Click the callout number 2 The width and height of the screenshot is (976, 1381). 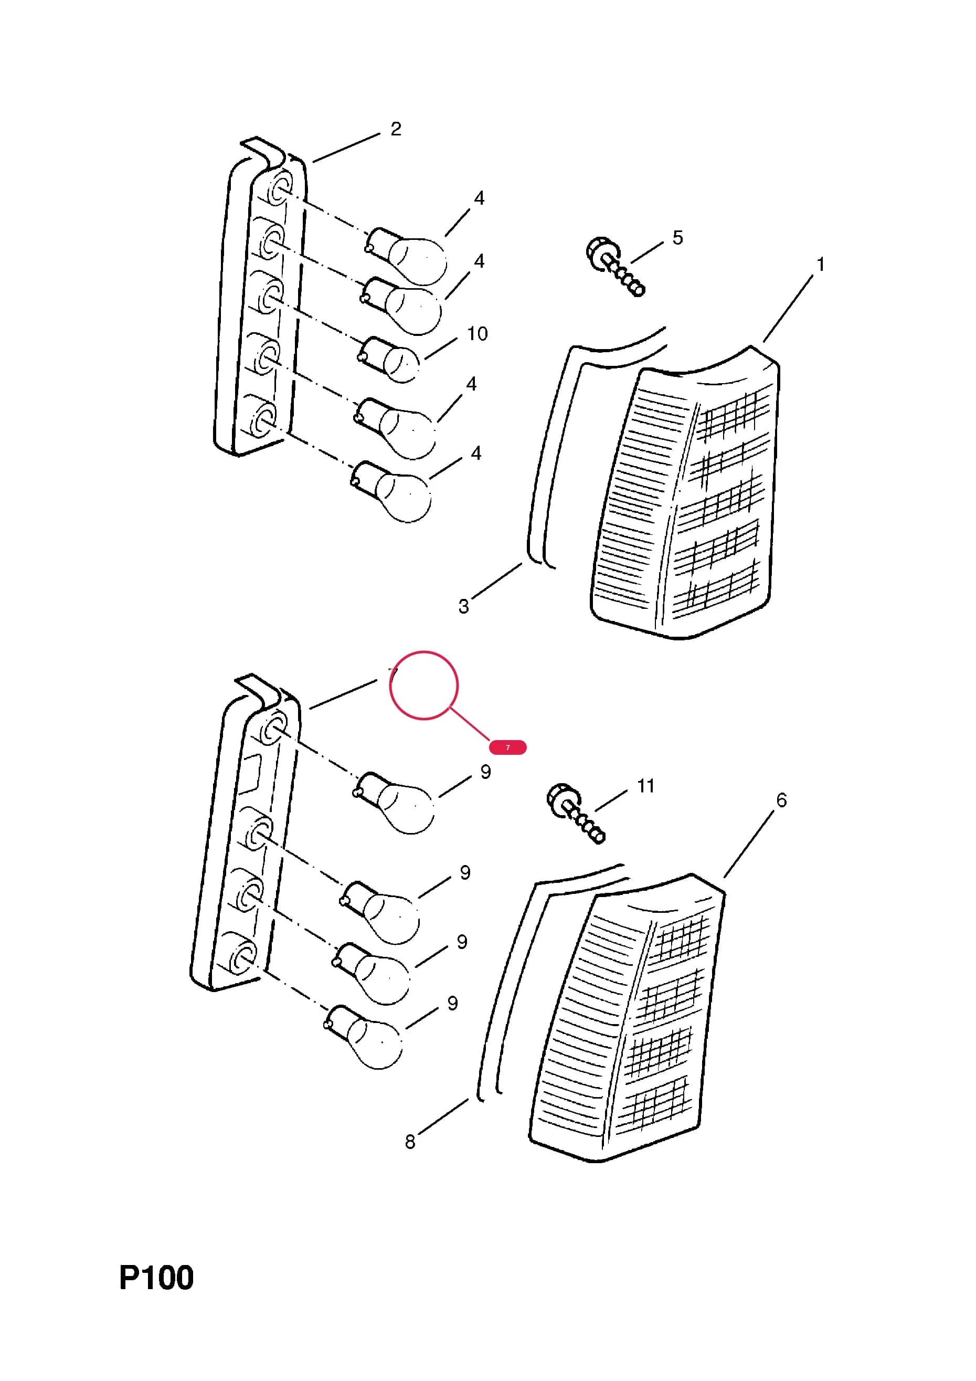pyautogui.click(x=396, y=129)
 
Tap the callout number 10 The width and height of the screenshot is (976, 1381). pyautogui.click(x=478, y=334)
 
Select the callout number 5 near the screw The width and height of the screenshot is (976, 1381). pyautogui.click(x=678, y=238)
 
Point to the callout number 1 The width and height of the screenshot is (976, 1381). pyautogui.click(x=820, y=264)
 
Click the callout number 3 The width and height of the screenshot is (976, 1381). pyautogui.click(x=464, y=606)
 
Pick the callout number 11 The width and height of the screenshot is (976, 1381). pyautogui.click(x=646, y=786)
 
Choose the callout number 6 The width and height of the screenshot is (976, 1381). pyautogui.click(x=782, y=800)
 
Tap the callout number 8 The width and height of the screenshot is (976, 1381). pyautogui.click(x=410, y=1142)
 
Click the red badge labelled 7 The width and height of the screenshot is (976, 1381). pyautogui.click(x=507, y=747)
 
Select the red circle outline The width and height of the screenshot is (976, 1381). pyautogui.click(x=424, y=651)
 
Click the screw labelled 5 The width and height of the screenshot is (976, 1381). pyautogui.click(x=614, y=267)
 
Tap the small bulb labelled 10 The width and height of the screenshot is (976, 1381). pyautogui.click(x=388, y=360)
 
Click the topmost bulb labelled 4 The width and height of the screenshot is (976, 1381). pyautogui.click(x=407, y=255)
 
